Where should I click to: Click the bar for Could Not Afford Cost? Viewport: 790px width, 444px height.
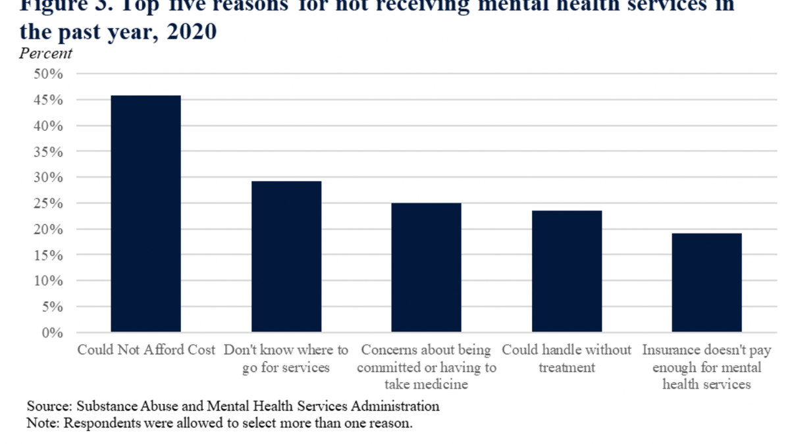[145, 214]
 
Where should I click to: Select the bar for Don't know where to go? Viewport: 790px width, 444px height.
[286, 257]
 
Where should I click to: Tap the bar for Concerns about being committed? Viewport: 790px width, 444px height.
[426, 268]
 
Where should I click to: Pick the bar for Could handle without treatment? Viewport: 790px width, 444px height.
[567, 271]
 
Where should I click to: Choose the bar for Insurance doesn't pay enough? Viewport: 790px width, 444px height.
[706, 283]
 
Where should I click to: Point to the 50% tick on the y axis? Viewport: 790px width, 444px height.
[49, 74]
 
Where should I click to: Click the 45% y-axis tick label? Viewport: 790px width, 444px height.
[49, 100]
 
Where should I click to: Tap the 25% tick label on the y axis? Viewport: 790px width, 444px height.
[49, 203]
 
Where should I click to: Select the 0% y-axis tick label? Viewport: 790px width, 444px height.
[53, 333]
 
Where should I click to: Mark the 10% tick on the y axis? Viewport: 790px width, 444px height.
[49, 281]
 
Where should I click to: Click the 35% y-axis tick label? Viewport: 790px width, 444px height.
[49, 152]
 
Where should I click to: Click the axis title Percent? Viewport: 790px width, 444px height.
[45, 54]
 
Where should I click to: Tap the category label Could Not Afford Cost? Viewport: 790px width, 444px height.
[146, 350]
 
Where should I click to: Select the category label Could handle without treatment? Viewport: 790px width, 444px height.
[567, 358]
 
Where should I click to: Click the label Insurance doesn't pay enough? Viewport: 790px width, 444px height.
[706, 367]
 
